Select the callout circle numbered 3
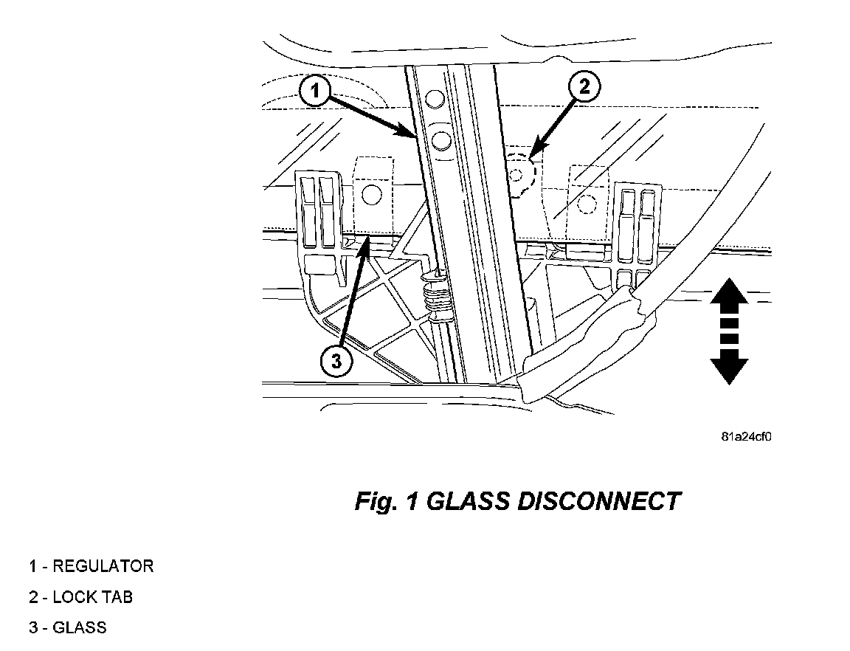point(336,362)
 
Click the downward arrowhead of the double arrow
point(729,369)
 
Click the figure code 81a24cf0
point(746,436)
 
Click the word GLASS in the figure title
point(468,502)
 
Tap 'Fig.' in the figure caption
point(376,502)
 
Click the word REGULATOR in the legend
point(103,566)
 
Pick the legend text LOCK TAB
point(93,597)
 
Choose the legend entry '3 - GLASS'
point(68,628)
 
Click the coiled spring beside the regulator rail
point(437,299)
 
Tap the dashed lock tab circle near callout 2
point(519,172)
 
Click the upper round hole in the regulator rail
point(436,98)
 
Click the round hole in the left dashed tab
point(372,194)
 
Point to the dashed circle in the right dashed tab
point(587,203)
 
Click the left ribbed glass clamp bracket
point(319,214)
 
